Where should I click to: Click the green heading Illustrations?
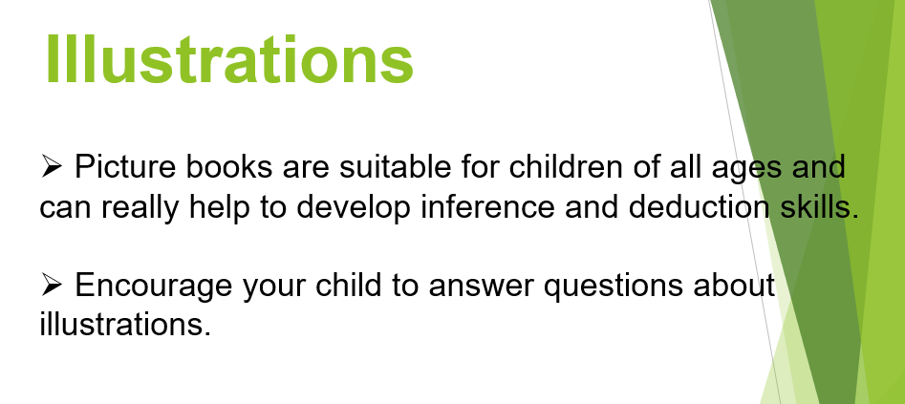point(229,59)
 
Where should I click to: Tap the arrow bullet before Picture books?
point(52,167)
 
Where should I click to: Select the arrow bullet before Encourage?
point(52,286)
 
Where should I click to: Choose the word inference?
point(487,206)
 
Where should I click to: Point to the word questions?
point(613,287)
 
